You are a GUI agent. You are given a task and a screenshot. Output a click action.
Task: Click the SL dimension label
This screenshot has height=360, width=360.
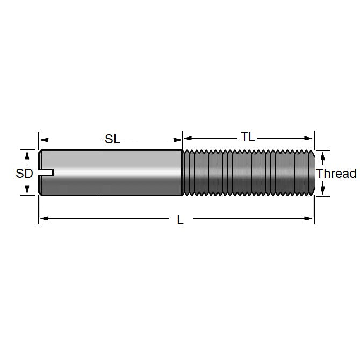point(112,140)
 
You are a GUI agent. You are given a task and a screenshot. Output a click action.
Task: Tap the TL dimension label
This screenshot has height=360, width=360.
point(248,137)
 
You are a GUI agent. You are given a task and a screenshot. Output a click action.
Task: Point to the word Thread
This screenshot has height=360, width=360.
point(336,174)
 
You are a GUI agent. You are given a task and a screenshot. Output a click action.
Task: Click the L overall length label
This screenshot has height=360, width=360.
point(181,220)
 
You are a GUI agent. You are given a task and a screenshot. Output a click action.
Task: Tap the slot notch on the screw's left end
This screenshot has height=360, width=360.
point(47,172)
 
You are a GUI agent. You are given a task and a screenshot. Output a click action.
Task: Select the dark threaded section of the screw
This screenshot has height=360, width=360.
point(247,173)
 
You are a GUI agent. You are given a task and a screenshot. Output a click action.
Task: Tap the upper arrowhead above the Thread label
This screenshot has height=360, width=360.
point(322,156)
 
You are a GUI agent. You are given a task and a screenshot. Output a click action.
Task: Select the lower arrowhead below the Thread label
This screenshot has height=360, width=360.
point(322,190)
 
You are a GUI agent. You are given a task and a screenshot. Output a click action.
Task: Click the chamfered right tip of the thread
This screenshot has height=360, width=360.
point(311,173)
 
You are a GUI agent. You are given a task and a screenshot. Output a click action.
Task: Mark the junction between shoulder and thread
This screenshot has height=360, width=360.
point(182,173)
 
